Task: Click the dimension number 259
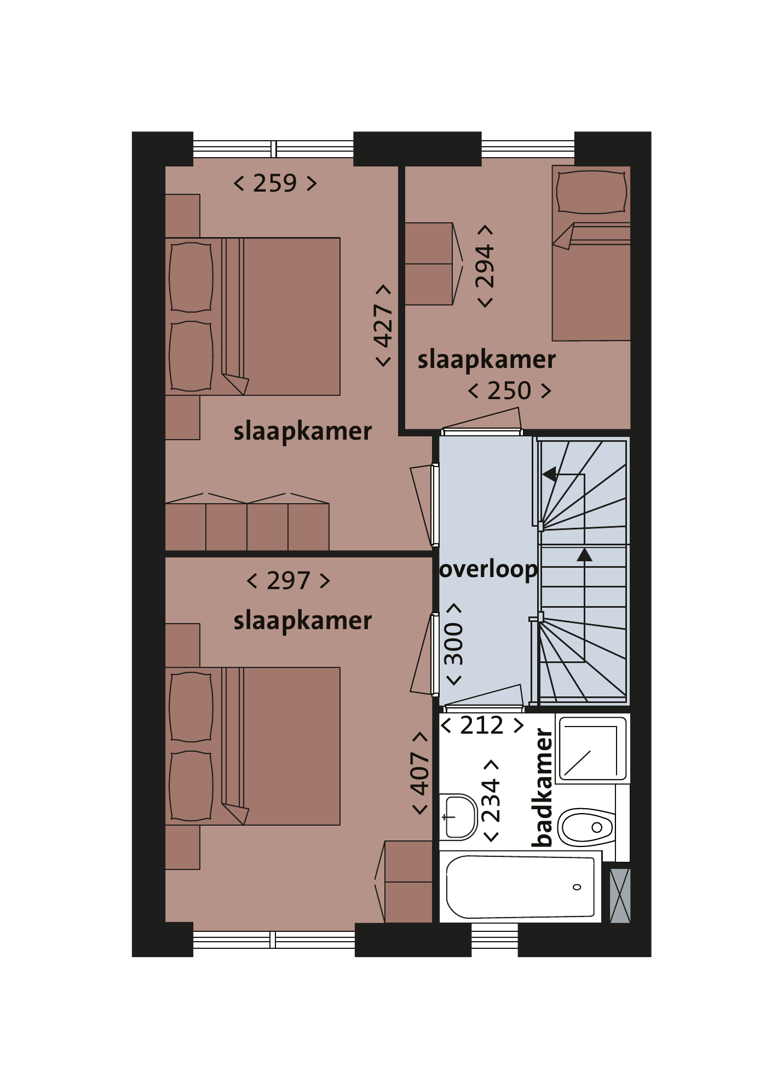(x=275, y=183)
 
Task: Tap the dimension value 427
(x=383, y=326)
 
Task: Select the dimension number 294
(x=485, y=267)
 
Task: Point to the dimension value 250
(x=509, y=391)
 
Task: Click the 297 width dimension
(x=289, y=580)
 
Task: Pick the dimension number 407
(x=420, y=773)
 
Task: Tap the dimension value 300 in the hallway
(x=453, y=644)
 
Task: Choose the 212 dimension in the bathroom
(x=482, y=725)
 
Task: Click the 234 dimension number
(x=491, y=800)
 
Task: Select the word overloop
(x=488, y=570)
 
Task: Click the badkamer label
(x=543, y=787)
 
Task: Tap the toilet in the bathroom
(x=586, y=827)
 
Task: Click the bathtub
(x=520, y=887)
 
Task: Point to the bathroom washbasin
(x=459, y=817)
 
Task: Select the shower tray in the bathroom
(x=592, y=748)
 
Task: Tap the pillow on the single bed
(x=591, y=192)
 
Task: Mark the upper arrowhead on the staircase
(x=549, y=474)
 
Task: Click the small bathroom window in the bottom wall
(x=494, y=940)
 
